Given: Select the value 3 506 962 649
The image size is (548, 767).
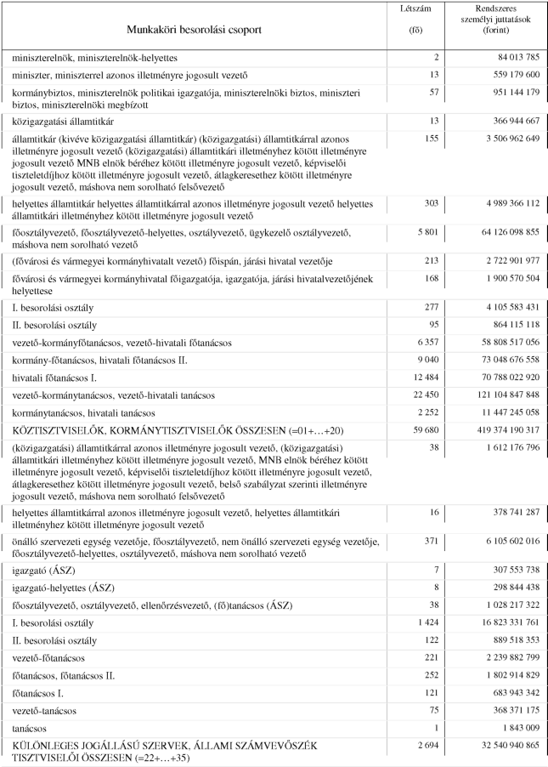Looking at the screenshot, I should click(x=502, y=137).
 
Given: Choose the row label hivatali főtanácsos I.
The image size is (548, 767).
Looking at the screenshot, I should click(x=53, y=377).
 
